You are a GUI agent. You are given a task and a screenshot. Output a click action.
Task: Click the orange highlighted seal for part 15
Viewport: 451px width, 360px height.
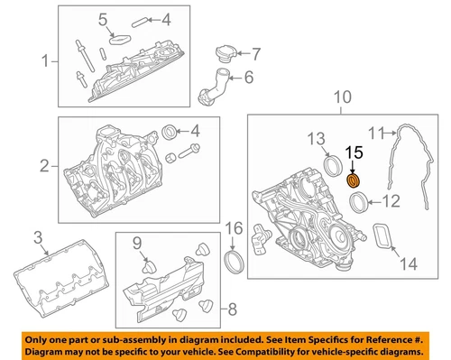pos(354,180)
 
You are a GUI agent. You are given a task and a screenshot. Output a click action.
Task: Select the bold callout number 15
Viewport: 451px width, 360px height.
pos(354,153)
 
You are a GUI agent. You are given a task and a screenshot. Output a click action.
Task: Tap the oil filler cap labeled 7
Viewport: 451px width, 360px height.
pos(225,54)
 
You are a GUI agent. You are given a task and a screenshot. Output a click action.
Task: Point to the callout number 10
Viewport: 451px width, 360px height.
pos(342,97)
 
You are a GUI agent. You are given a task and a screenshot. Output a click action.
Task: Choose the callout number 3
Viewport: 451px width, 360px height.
pos(38,237)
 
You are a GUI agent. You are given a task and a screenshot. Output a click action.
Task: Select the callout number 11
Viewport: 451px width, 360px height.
pos(377,133)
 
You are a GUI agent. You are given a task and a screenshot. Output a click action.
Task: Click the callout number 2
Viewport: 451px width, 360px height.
pos(44,166)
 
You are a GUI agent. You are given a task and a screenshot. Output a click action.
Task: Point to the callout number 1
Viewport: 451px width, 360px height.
pos(45,60)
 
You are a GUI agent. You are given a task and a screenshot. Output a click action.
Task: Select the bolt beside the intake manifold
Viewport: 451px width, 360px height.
pos(189,151)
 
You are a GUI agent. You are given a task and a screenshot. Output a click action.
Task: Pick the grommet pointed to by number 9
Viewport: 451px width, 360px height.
pos(149,267)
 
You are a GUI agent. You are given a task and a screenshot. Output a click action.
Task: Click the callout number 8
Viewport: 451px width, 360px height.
pos(233,309)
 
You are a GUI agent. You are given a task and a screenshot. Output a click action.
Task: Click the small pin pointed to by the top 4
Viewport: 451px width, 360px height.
pos(139,23)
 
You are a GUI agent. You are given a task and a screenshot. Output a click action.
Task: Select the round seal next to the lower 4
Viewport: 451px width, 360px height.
pos(170,132)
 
